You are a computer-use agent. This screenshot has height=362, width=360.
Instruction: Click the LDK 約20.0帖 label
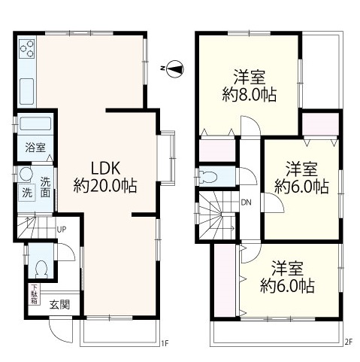105,177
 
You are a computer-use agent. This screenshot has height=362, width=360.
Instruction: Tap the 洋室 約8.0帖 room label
250,86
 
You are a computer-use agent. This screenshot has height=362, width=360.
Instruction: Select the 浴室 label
35,148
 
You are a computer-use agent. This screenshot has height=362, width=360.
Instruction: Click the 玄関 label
59,305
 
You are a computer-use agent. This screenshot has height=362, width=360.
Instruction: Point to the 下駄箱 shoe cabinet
34,294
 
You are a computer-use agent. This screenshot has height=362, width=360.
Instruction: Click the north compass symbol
174,68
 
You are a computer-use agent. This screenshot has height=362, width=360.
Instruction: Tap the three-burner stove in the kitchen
27,50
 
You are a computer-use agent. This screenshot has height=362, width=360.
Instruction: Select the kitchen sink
26,91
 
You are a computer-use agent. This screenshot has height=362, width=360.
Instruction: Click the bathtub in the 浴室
35,124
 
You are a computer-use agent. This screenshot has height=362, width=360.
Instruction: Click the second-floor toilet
207,176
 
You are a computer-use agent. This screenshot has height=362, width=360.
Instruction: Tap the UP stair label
62,230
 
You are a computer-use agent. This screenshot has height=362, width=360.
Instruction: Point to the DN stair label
247,202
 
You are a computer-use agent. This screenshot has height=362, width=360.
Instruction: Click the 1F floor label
165,342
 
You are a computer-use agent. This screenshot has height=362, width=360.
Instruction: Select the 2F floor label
349,342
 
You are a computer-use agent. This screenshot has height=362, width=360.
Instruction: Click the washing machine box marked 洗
27,193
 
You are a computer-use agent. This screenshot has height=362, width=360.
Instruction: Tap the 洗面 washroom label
45,187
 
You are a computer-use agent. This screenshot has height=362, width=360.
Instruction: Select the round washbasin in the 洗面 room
26,174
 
